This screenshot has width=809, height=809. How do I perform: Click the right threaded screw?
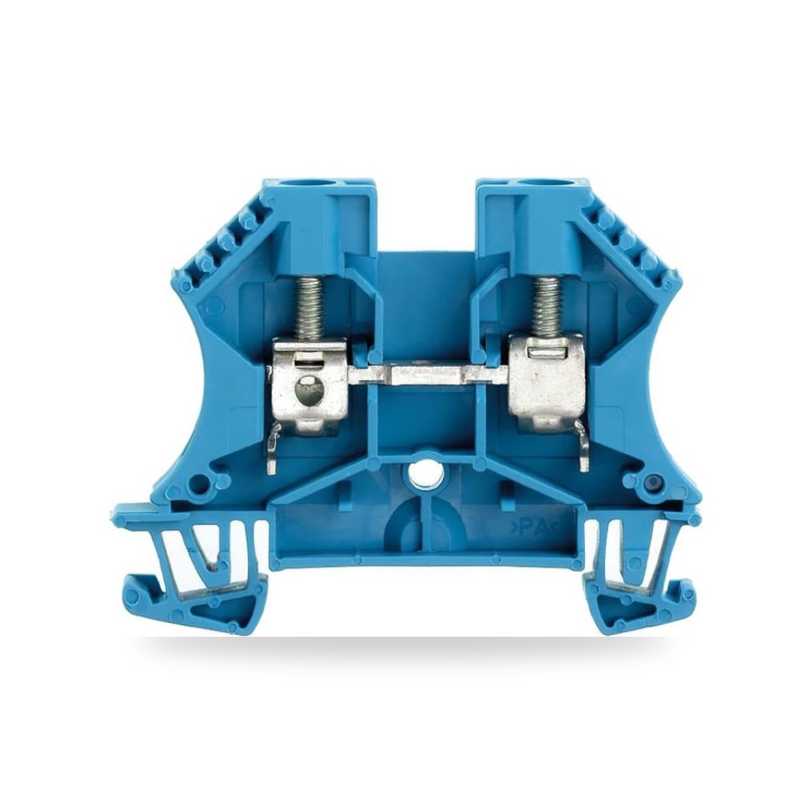pos(548,306)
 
